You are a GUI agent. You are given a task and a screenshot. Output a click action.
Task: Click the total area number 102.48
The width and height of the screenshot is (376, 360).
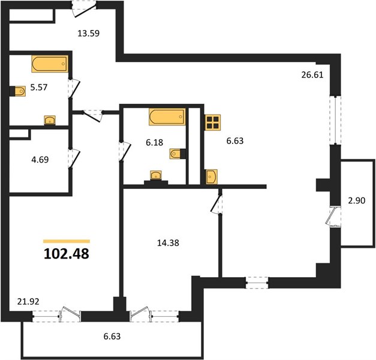click(67, 254)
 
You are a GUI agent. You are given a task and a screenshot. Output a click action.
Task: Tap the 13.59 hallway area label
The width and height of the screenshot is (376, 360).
click(89, 34)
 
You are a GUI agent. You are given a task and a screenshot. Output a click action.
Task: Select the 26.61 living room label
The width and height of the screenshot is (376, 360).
click(312, 75)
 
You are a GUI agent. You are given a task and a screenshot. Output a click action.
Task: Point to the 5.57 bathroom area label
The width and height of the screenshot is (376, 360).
click(39, 88)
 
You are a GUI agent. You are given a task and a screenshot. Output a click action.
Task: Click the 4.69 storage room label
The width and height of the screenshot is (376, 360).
click(40, 160)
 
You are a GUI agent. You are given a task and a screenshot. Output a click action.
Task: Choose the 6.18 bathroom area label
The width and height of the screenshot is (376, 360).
click(155, 143)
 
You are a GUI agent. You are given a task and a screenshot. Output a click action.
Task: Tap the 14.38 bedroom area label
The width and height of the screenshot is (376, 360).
click(168, 243)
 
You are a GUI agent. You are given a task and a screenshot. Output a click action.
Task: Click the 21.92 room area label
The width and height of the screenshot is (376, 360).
click(28, 301)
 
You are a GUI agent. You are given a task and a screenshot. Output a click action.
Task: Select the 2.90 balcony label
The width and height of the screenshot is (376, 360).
click(357, 200)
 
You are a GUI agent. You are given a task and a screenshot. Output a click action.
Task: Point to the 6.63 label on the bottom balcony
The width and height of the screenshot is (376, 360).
click(112, 337)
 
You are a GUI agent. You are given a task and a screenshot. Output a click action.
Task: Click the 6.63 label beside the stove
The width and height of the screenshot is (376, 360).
click(235, 141)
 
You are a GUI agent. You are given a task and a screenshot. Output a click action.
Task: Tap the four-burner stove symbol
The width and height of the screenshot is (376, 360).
click(213, 122)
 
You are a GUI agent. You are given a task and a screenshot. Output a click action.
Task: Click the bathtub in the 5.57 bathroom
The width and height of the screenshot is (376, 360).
click(50, 64)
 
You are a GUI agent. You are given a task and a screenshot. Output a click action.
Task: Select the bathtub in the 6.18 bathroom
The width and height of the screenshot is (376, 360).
click(167, 117)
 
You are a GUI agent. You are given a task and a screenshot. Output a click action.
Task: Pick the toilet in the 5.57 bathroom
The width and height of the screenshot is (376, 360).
click(19, 91)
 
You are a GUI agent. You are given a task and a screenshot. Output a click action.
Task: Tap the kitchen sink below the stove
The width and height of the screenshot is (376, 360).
click(212, 176)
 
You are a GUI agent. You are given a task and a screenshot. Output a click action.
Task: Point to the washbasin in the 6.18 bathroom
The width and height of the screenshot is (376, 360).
click(156, 175)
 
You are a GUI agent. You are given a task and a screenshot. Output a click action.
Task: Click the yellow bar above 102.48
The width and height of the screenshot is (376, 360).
click(67, 241)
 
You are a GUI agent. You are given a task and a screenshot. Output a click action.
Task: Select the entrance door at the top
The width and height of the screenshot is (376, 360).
click(84, 10)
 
